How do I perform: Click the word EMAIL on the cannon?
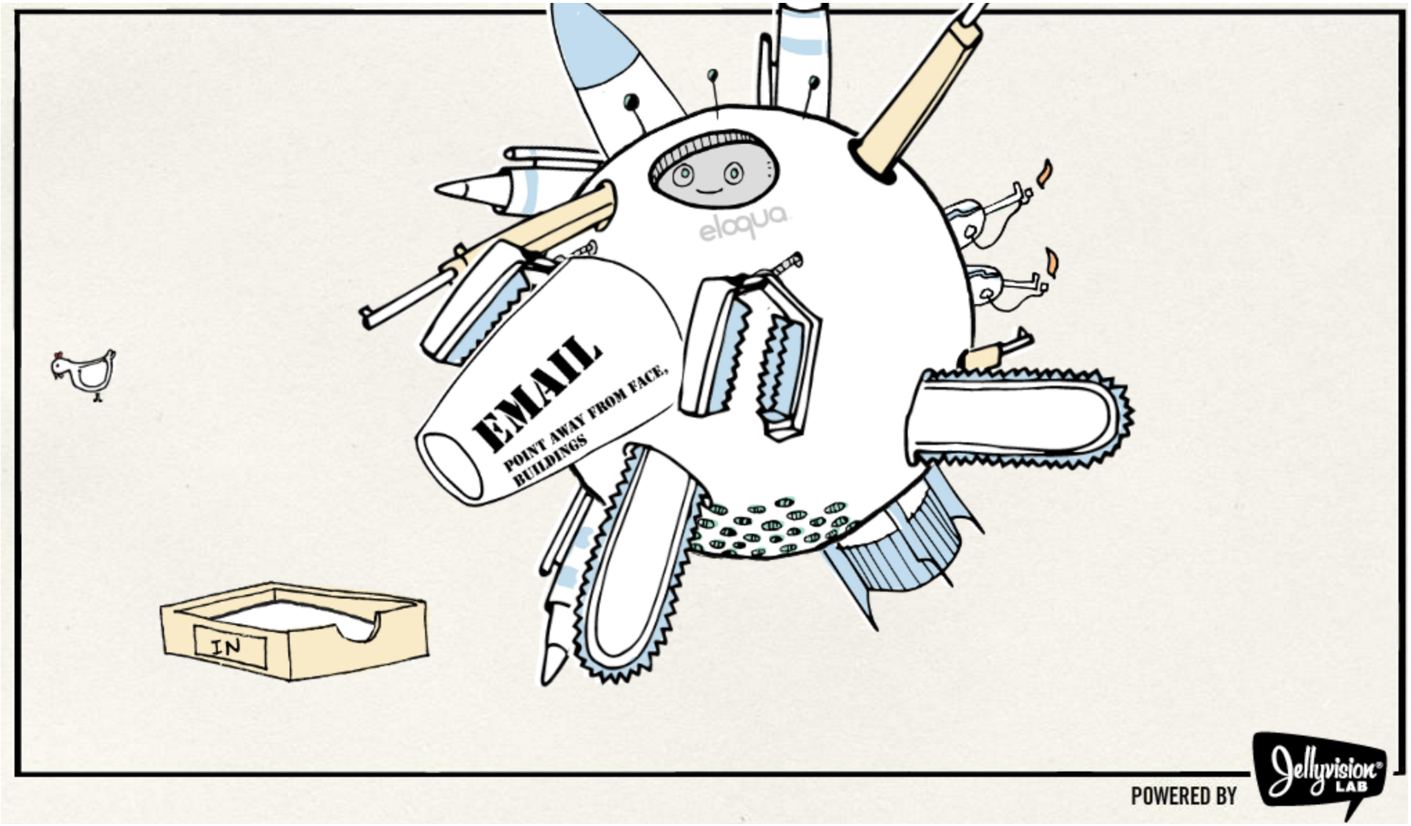536,390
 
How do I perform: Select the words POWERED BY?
1184,796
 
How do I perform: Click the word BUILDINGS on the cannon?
550,460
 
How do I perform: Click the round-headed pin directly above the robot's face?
712,75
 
